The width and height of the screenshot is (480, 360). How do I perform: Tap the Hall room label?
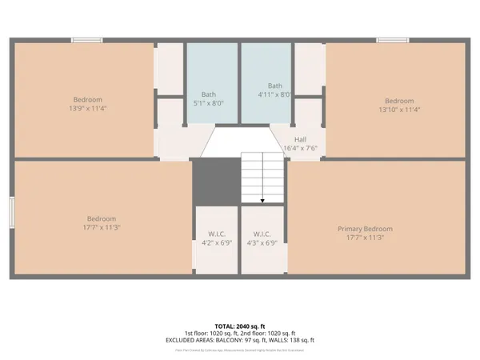(301, 138)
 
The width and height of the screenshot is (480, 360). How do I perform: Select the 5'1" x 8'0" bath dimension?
(213, 102)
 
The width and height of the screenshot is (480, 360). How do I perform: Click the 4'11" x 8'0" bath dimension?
(276, 94)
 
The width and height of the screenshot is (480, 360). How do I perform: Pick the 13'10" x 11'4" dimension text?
(399, 109)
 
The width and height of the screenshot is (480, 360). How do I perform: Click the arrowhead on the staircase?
(263, 200)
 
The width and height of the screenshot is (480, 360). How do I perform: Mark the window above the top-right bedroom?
(393, 40)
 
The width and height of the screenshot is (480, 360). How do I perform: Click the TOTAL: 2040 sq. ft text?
(240, 326)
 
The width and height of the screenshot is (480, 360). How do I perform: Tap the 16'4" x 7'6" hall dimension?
(301, 147)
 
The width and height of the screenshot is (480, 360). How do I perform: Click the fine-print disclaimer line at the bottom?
(240, 350)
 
